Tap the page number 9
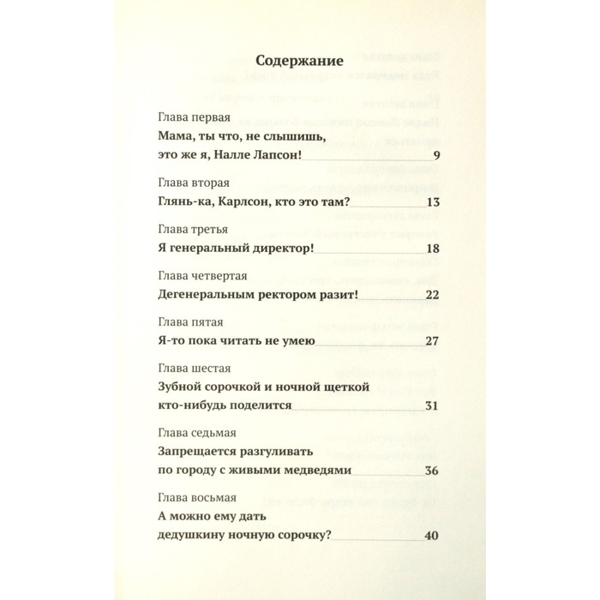(436, 155)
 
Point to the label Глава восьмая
(200, 497)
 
